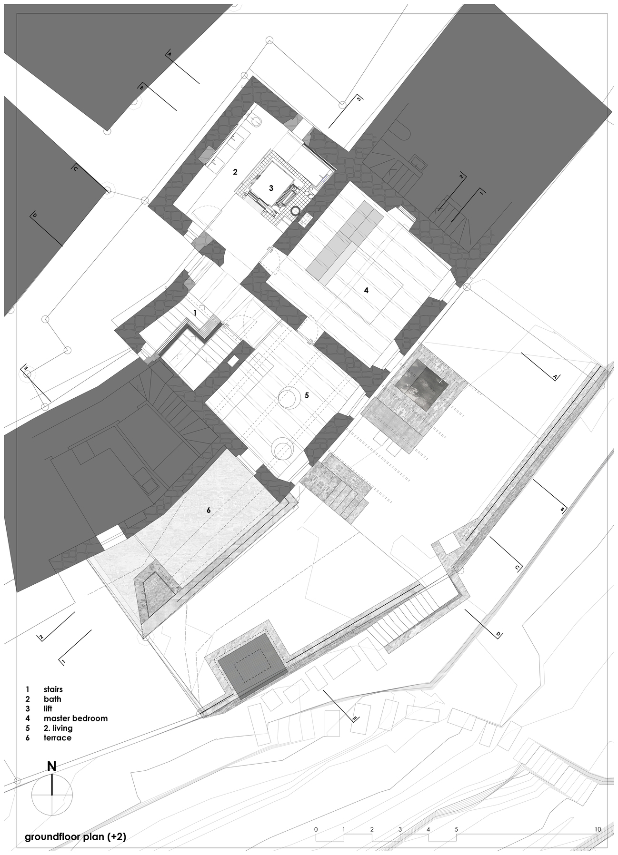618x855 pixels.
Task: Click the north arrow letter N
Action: pos(52,767)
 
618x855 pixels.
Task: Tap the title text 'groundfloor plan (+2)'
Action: pos(76,837)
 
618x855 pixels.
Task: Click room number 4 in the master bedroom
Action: pos(367,290)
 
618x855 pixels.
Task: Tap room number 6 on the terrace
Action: pos(208,510)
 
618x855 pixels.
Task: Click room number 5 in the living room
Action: pos(307,395)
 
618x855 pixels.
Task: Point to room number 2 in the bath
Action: pos(235,172)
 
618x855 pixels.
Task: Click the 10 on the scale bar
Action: pos(598,829)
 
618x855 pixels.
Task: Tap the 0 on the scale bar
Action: pos(316,829)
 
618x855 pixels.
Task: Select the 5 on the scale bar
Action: pos(456,829)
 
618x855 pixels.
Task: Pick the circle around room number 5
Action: pos(289,398)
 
